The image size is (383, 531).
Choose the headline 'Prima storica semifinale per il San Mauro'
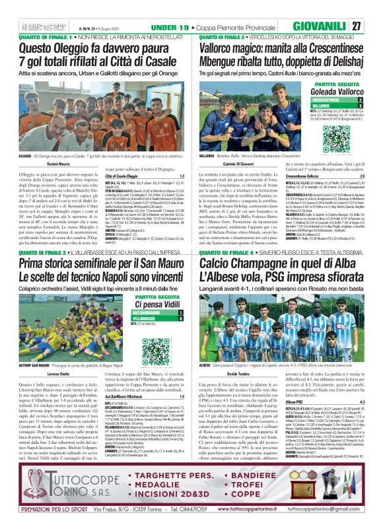point(100,264)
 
